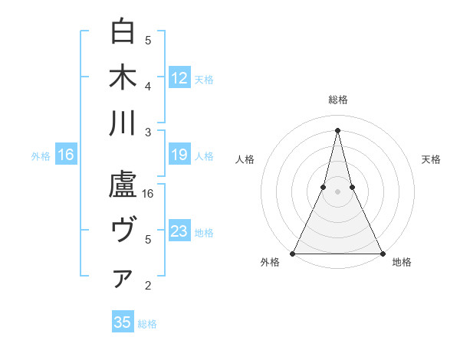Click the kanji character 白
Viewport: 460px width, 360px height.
click(x=123, y=31)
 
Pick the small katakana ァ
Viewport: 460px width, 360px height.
click(x=123, y=278)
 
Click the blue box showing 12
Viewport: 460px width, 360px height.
click(x=179, y=77)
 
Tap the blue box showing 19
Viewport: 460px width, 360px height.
click(x=179, y=155)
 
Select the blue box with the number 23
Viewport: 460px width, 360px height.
click(x=179, y=232)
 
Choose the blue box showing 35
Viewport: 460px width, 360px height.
click(x=123, y=322)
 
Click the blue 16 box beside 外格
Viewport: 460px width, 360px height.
click(x=66, y=155)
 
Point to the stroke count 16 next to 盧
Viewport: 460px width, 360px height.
click(x=149, y=193)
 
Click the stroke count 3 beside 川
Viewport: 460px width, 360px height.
click(x=149, y=132)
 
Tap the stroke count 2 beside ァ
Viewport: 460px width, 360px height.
click(x=149, y=286)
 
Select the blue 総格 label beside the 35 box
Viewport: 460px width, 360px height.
click(x=147, y=324)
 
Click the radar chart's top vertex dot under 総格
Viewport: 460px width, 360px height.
click(x=337, y=129)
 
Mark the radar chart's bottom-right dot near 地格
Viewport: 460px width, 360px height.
click(x=382, y=253)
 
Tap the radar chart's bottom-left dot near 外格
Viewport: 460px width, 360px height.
click(x=293, y=253)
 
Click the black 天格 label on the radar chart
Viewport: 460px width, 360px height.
click(x=432, y=159)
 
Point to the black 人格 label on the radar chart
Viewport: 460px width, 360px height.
click(x=245, y=159)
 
